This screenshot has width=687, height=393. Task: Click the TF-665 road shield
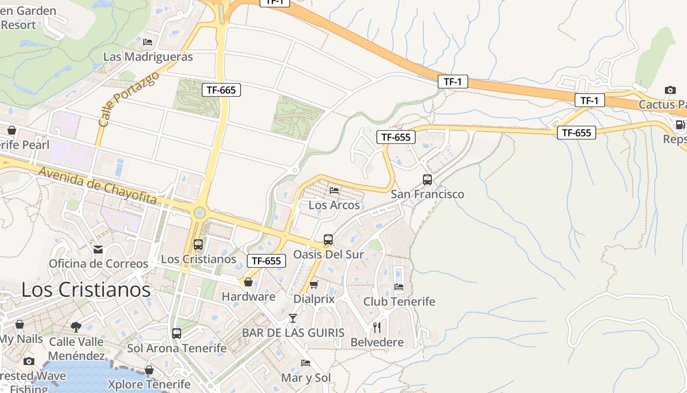point(221,90)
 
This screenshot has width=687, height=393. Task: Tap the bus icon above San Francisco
point(427,180)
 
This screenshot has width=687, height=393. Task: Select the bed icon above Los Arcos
point(334,191)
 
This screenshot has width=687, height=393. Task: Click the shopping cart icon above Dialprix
point(314,284)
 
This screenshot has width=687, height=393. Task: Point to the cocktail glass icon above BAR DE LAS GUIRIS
point(293,318)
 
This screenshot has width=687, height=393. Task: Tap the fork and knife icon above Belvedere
point(377,327)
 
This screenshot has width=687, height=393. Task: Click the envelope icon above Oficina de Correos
point(98,250)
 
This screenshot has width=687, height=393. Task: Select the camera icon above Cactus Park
point(670,90)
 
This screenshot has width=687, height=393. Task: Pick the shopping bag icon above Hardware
point(248,282)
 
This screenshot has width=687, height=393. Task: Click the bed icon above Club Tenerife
point(398,287)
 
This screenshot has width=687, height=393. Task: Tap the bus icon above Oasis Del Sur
point(328,240)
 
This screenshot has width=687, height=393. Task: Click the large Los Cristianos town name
point(86,290)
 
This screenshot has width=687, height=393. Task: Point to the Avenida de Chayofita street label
point(97,185)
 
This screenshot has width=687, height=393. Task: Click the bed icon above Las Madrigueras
point(148,42)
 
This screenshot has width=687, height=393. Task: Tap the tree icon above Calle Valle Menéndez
point(76,327)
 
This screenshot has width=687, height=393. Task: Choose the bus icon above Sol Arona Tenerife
point(177,334)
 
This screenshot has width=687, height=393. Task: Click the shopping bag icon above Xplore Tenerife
point(149,370)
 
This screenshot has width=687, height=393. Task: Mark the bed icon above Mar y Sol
point(306,363)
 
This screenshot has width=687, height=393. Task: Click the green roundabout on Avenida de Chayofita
point(199,213)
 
